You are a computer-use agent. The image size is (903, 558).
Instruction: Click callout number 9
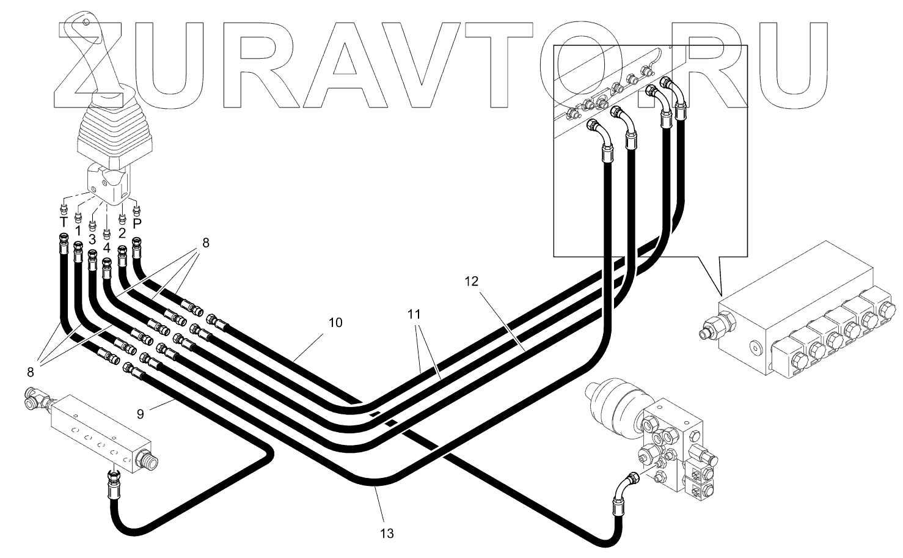pyautogui.click(x=141, y=414)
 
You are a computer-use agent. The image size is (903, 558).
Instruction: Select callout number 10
pyautogui.click(x=335, y=322)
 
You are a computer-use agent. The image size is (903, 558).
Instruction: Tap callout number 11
pyautogui.click(x=414, y=315)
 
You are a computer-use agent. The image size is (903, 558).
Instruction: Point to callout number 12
pyautogui.click(x=471, y=281)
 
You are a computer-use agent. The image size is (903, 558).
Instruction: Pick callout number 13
pyautogui.click(x=386, y=533)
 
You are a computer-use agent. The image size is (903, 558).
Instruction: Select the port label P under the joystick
pyautogui.click(x=137, y=222)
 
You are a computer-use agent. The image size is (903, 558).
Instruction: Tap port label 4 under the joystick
pyautogui.click(x=107, y=248)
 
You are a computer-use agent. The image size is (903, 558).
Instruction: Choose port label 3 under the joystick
pyautogui.click(x=92, y=239)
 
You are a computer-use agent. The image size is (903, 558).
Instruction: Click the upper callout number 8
pyautogui.click(x=205, y=243)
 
